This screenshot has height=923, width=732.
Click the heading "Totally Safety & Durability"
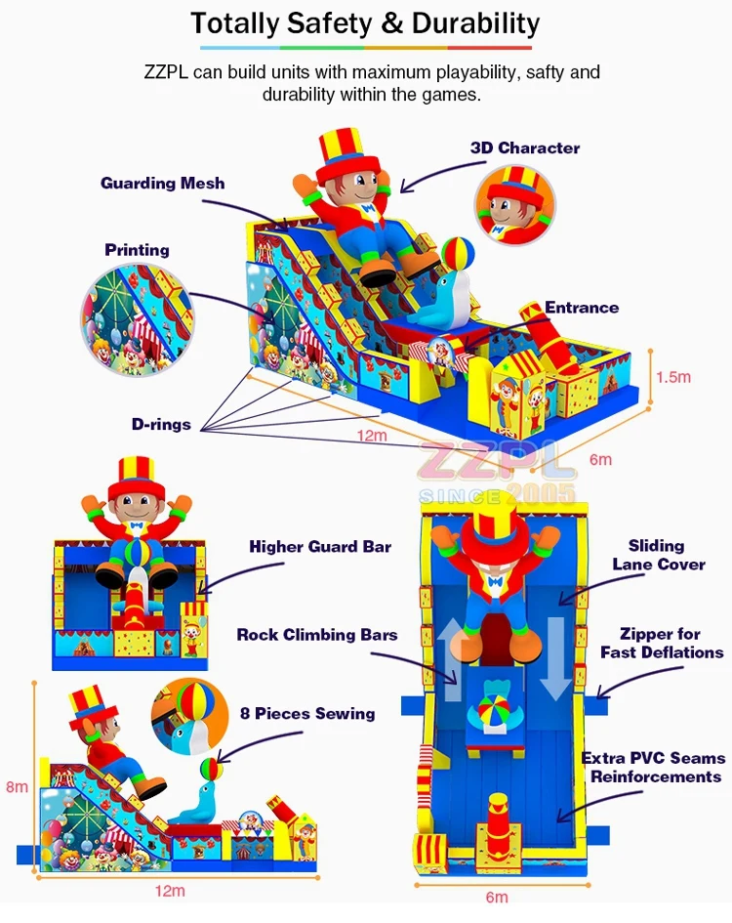point(365,22)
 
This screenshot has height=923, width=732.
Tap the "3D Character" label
point(525,148)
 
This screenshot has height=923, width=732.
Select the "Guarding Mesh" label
point(163,183)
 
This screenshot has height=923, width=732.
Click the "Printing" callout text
point(137,250)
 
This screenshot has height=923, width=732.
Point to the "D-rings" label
point(162,425)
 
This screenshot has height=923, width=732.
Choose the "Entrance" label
point(582,308)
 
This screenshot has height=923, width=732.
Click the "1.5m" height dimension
point(674,377)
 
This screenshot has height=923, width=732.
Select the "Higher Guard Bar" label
point(320,547)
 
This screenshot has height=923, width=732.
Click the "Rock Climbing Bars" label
point(317,635)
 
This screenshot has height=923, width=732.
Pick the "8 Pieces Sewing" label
point(308,713)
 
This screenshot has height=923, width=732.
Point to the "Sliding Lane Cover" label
point(657,555)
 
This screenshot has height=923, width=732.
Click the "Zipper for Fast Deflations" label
point(662,644)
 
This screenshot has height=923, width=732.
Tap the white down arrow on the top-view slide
point(554,655)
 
